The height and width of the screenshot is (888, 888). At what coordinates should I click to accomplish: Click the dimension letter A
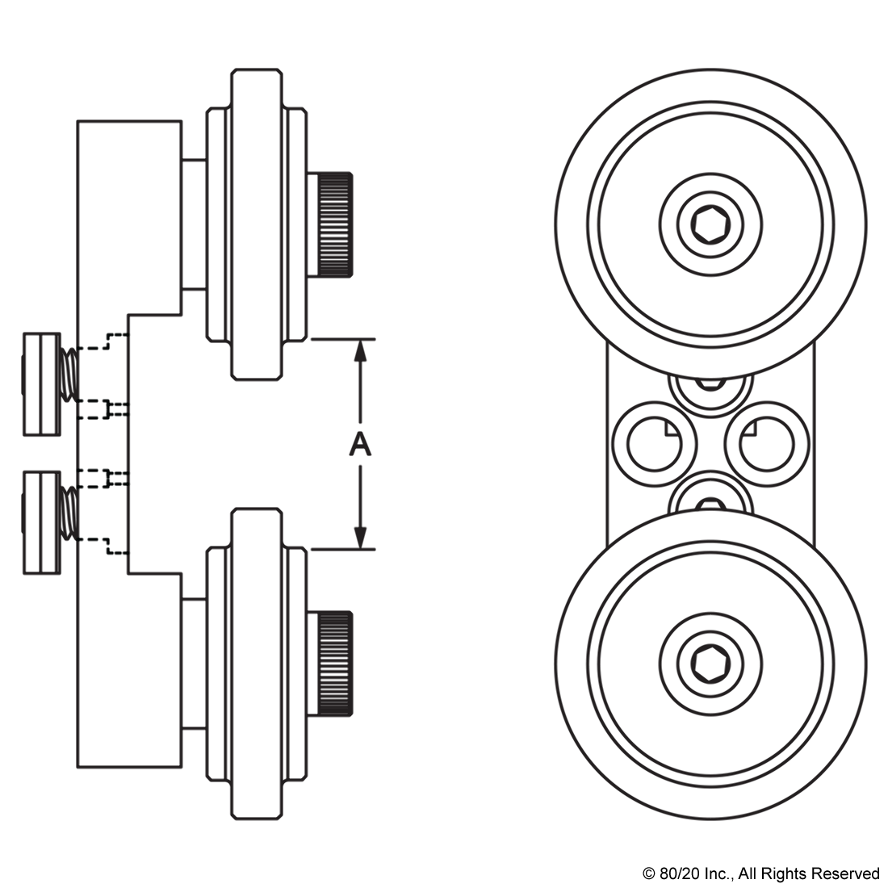tap(360, 444)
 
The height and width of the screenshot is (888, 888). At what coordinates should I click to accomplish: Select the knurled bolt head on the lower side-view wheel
tap(333, 664)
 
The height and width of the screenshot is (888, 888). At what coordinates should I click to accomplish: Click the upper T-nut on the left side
tap(41, 383)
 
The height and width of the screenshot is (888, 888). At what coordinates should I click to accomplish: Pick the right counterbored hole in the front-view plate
tap(766, 446)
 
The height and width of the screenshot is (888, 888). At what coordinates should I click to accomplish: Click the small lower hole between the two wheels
tap(710, 499)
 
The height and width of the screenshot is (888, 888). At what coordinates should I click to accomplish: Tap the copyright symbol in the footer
tap(648, 873)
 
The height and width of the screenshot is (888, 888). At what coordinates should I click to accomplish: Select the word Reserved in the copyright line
tap(848, 873)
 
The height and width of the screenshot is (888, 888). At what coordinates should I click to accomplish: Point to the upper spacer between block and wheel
tap(194, 224)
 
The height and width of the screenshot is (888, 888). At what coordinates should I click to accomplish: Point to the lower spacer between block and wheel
tap(194, 664)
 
